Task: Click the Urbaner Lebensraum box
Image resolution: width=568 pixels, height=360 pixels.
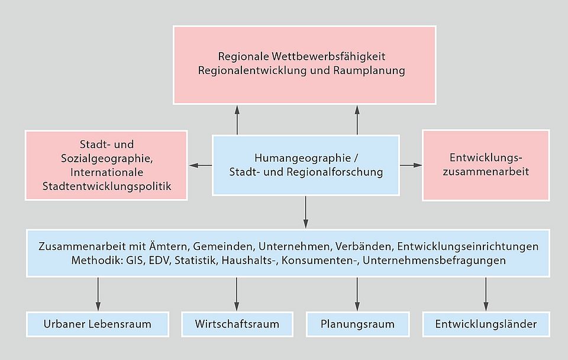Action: coord(98,324)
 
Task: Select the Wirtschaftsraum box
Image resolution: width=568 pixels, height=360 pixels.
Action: coord(237,324)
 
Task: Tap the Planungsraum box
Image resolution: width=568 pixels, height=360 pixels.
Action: coord(357,324)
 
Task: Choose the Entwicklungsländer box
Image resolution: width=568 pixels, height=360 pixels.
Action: coord(486,324)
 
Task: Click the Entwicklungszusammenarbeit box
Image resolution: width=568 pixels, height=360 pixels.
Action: coord(485,165)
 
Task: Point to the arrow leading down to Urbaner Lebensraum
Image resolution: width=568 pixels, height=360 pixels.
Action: coord(98,293)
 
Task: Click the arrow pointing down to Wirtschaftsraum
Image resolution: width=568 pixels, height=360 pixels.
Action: coord(237,293)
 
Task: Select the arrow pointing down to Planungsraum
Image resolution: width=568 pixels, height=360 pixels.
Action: coord(357,293)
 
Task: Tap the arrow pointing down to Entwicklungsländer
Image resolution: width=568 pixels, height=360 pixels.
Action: coord(486,293)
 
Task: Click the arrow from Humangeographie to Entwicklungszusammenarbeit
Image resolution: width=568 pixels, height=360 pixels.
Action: coord(411,165)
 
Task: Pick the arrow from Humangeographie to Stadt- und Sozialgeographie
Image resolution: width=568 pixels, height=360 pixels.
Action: coord(200,165)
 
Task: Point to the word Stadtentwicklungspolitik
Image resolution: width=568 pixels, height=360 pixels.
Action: coord(106,187)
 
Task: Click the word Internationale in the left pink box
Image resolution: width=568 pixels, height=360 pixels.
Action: coord(106,172)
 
